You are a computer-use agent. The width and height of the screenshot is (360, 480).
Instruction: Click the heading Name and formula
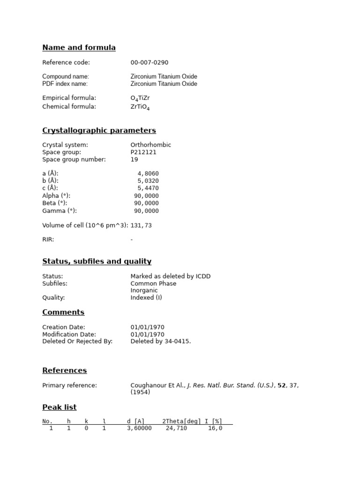79,47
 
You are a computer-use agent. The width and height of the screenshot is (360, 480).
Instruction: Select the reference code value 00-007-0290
149,62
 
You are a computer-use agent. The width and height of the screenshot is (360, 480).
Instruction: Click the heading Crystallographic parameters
99,130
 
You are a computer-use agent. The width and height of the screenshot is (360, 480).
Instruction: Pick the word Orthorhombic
150,145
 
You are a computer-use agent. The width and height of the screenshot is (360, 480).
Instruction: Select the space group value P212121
143,152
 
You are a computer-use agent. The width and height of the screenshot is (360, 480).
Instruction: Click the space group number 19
134,160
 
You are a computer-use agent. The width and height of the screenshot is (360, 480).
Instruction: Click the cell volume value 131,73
141,225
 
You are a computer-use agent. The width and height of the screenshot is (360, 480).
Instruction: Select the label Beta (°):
54,203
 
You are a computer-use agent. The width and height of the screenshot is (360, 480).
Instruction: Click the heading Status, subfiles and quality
97,261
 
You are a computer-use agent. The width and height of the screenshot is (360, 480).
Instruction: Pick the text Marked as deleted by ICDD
170,276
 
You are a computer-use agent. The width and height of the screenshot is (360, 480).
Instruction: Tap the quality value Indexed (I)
146,298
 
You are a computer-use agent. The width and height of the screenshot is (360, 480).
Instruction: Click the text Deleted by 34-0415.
160,342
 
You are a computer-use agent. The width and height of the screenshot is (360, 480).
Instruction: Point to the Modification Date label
69,334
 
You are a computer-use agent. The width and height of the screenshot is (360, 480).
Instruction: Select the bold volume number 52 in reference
281,385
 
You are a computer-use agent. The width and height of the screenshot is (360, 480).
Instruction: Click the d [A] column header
135,421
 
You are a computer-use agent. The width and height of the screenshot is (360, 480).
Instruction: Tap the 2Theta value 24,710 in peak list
176,428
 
